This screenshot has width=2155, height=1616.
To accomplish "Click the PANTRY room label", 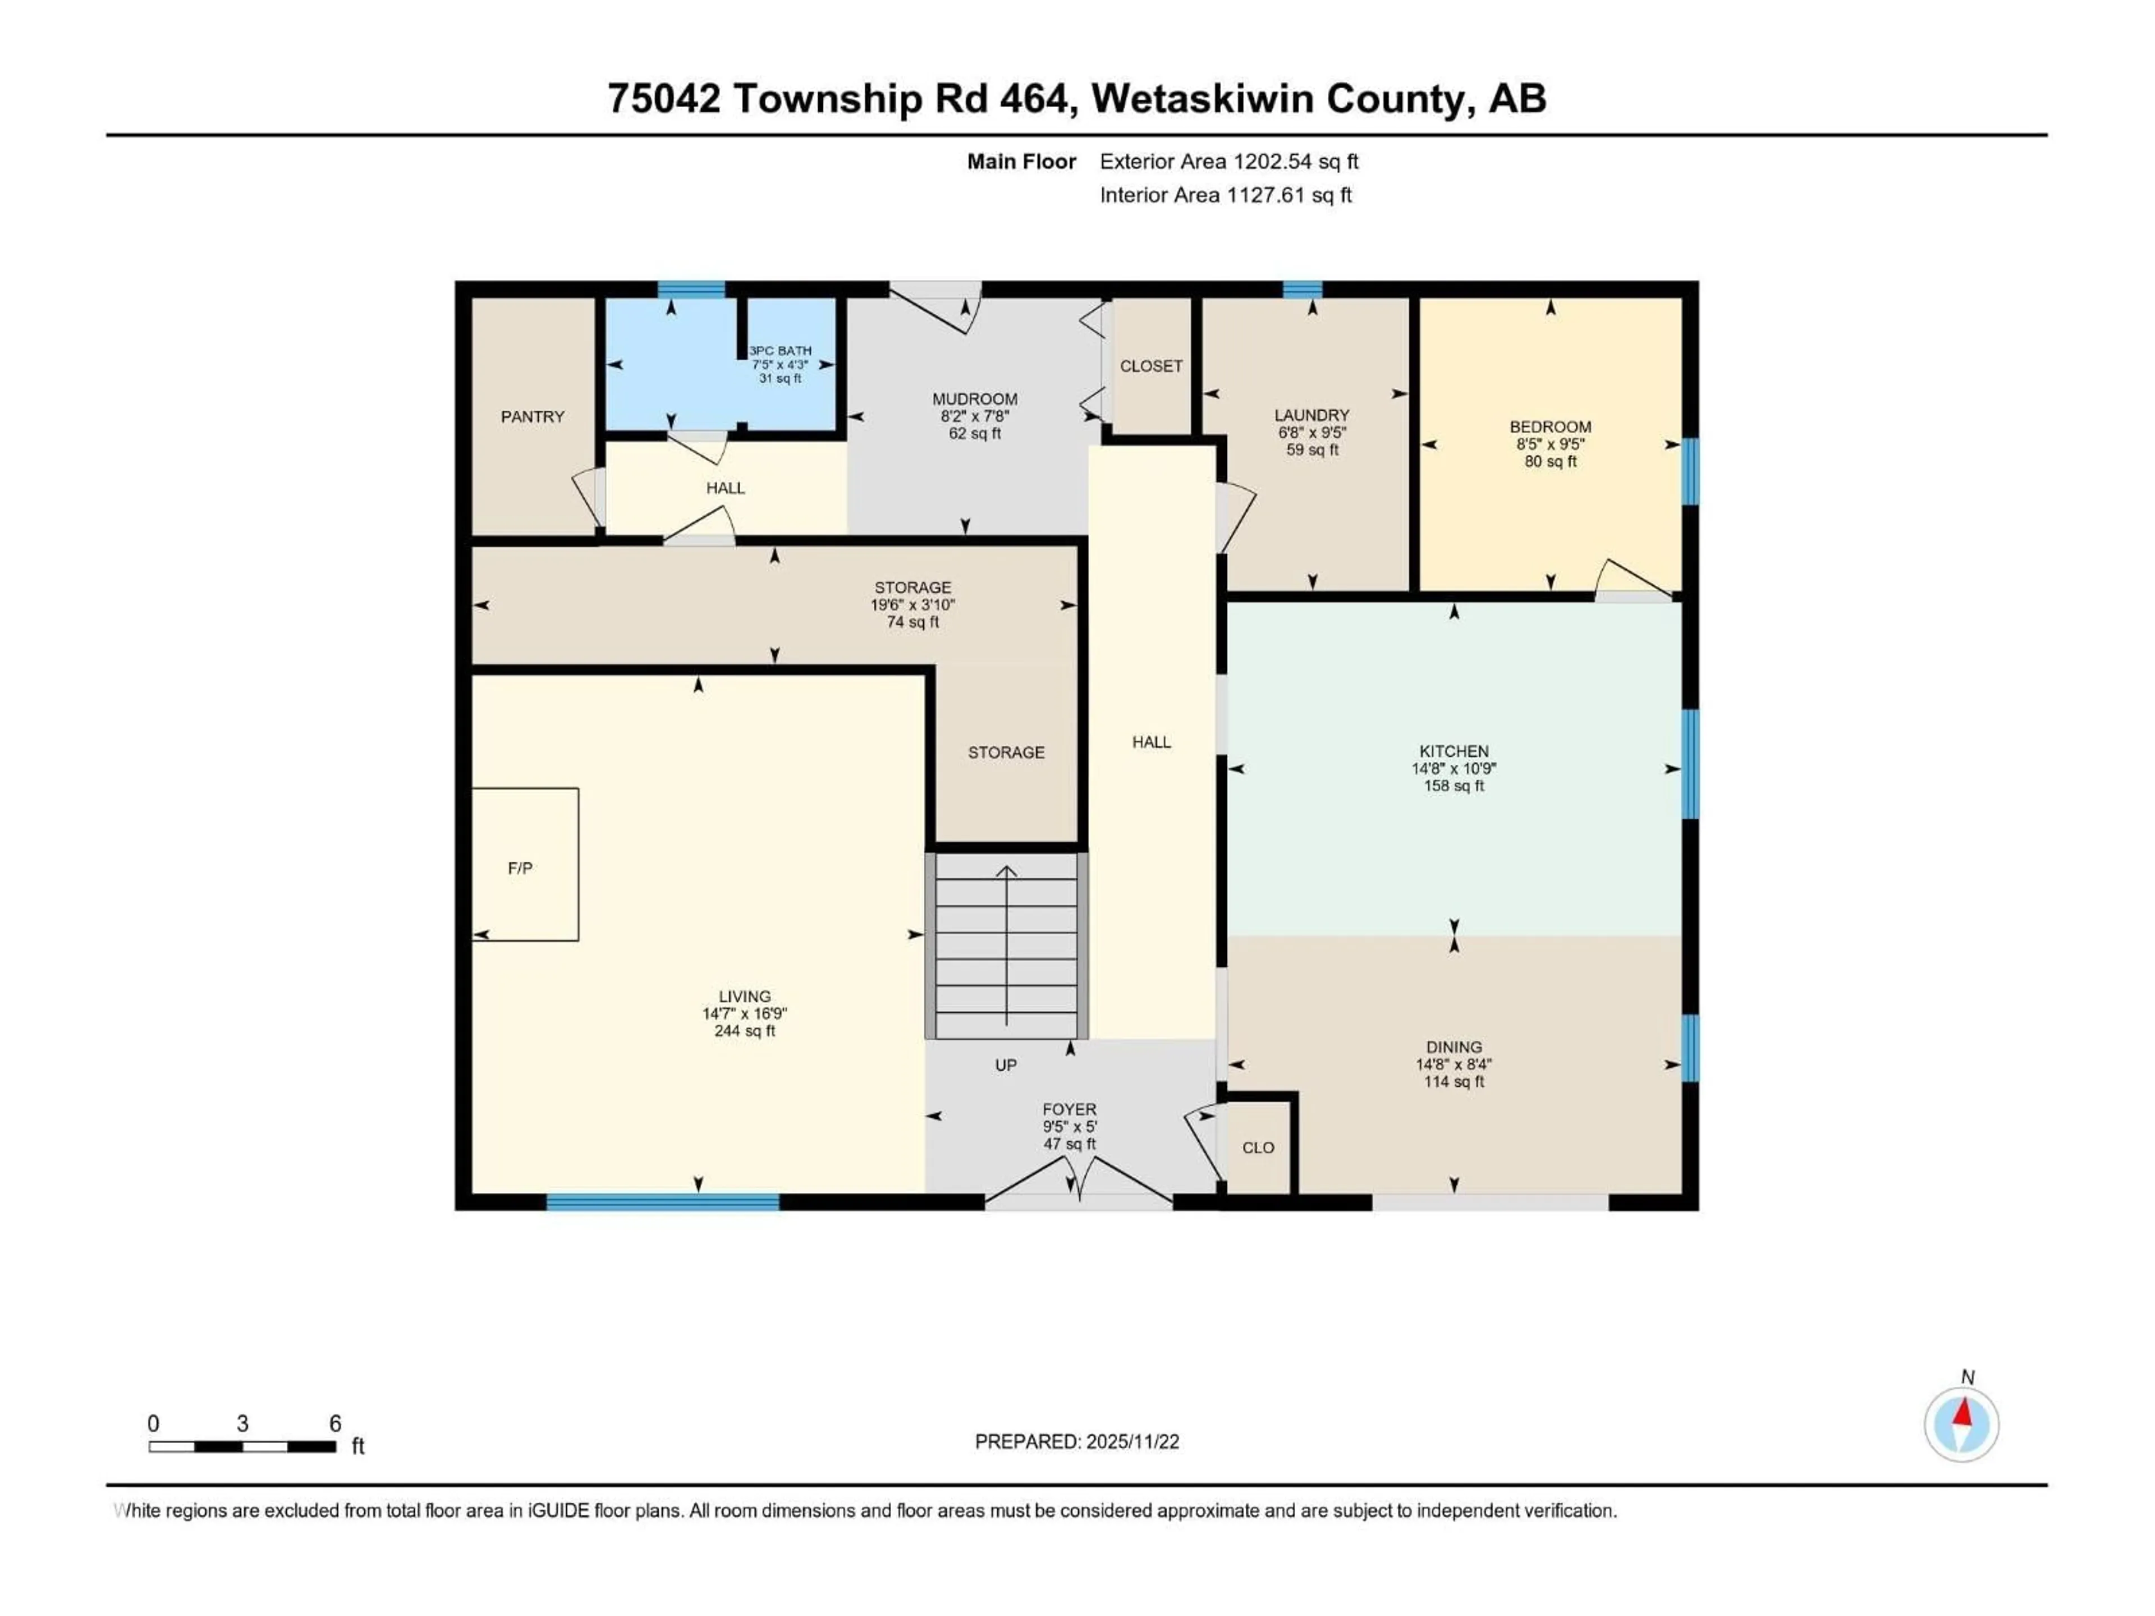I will pyautogui.click(x=532, y=417).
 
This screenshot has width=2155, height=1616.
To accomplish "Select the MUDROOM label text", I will pyautogui.click(x=974, y=400).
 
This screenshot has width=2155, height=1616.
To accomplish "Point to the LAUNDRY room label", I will pyautogui.click(x=1312, y=415).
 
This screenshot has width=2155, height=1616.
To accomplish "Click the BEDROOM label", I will pyautogui.click(x=1550, y=426).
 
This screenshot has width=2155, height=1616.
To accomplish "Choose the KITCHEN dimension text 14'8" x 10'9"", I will pyautogui.click(x=1454, y=769).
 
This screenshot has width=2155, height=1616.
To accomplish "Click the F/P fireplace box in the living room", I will pyautogui.click(x=524, y=865).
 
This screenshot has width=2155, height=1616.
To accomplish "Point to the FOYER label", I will pyautogui.click(x=1069, y=1109).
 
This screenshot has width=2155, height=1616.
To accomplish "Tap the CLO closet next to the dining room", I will pyautogui.click(x=1258, y=1147).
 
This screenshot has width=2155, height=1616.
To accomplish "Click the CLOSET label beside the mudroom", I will pyautogui.click(x=1150, y=366).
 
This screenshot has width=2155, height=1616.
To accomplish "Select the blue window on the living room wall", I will pyautogui.click(x=662, y=1202).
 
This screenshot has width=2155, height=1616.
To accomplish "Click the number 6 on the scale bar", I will pyautogui.click(x=335, y=1424).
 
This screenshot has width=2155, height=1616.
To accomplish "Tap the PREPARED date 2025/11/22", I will pyautogui.click(x=1132, y=1441).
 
